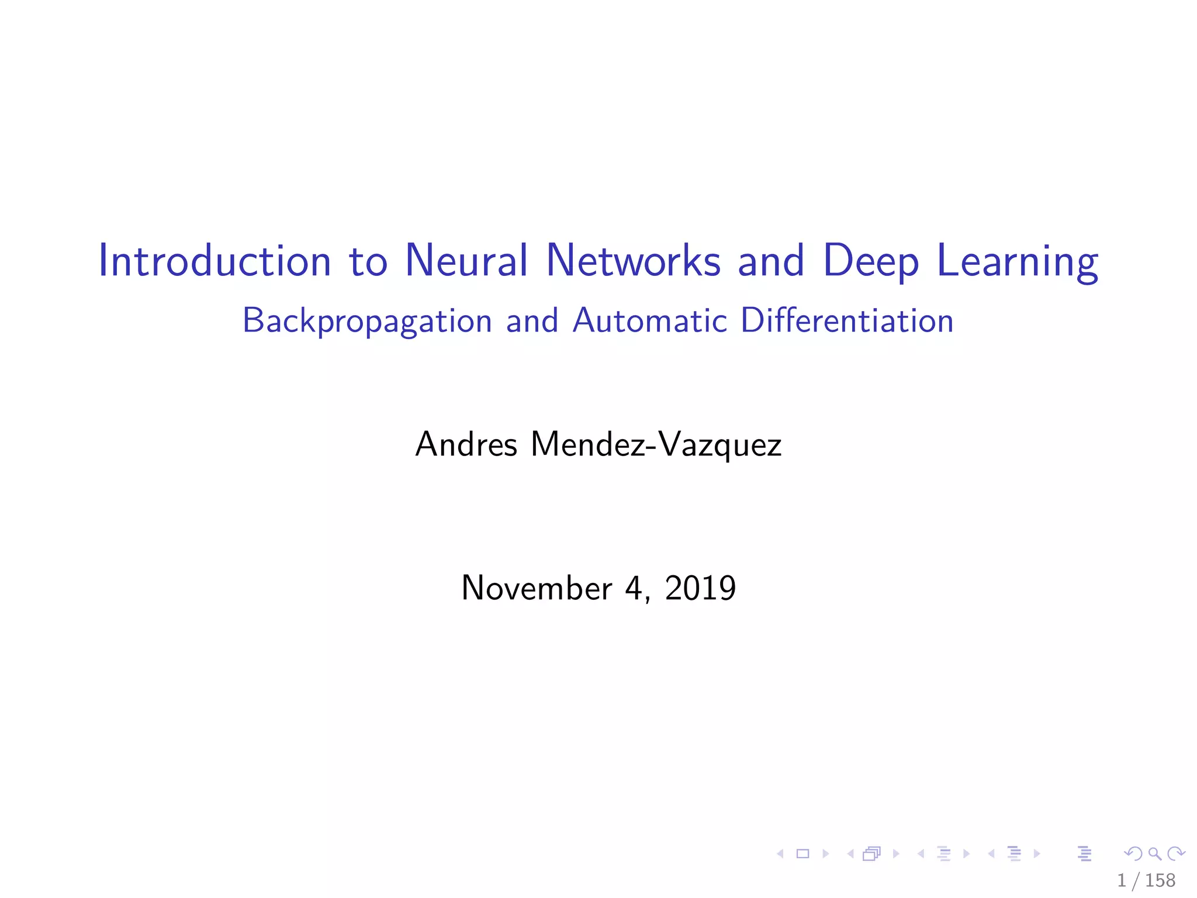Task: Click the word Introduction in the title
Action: tap(215, 261)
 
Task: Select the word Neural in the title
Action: tap(466, 261)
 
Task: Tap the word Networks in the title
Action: tap(634, 261)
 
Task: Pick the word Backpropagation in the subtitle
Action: tap(367, 322)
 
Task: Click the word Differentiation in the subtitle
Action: tap(847, 320)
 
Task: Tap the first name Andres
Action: tap(466, 444)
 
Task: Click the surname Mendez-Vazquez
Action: tap(656, 445)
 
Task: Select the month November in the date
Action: tap(536, 588)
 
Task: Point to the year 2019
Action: tap(700, 588)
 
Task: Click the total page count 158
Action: tap(1160, 880)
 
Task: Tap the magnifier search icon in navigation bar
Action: tap(1154, 854)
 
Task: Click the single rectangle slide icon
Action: tap(803, 854)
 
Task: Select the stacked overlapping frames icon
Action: tap(871, 854)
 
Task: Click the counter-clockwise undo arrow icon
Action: tap(1133, 854)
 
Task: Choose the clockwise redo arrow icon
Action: tap(1176, 854)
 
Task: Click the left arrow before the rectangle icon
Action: tap(780, 854)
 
